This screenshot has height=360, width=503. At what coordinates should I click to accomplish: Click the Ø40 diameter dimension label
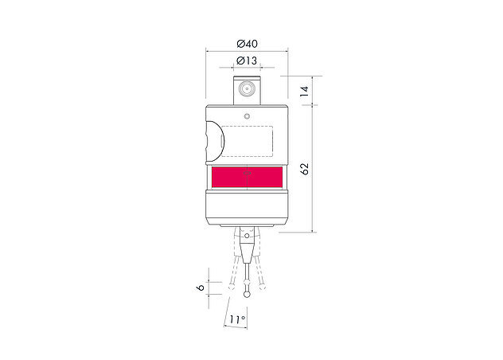click(x=247, y=43)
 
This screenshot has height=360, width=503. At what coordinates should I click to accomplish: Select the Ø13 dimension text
click(x=247, y=61)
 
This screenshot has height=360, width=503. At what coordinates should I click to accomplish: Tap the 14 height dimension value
click(x=303, y=91)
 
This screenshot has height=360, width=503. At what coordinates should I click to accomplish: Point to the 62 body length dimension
click(x=303, y=168)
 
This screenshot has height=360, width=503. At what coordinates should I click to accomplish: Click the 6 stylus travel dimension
click(x=201, y=288)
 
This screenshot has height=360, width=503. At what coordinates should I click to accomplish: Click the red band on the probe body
click(x=247, y=178)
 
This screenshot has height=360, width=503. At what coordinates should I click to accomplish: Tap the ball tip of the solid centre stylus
click(x=249, y=291)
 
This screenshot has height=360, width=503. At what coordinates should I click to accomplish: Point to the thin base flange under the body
click(x=247, y=225)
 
